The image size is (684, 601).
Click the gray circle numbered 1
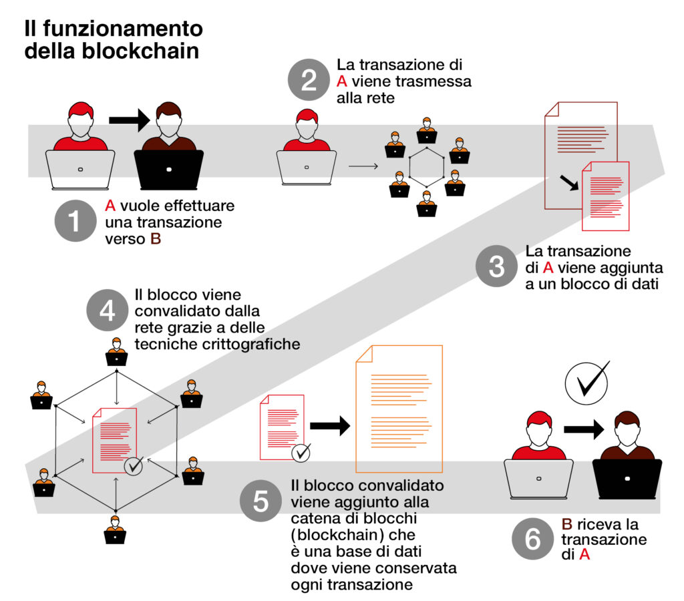point(75,220)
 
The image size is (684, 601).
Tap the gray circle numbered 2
point(309,80)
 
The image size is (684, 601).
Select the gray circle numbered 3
point(496,266)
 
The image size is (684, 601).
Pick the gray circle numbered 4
point(108,311)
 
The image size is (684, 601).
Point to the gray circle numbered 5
point(261,501)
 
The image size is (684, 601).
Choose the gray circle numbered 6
point(532,539)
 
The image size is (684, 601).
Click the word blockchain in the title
point(140,51)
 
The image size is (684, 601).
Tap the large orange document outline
point(399,409)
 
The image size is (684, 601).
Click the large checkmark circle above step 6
point(586,383)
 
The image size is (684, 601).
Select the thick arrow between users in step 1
point(130,120)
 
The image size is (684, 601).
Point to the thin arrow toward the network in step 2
point(363,166)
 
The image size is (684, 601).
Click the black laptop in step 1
point(169,170)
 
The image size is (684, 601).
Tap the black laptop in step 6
point(627,479)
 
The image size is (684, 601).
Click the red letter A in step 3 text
point(548,267)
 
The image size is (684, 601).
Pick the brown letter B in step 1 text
point(156,239)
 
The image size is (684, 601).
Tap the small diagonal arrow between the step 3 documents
point(569,183)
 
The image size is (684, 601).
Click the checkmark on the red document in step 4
point(134,466)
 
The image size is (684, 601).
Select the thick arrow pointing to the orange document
point(330,426)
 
